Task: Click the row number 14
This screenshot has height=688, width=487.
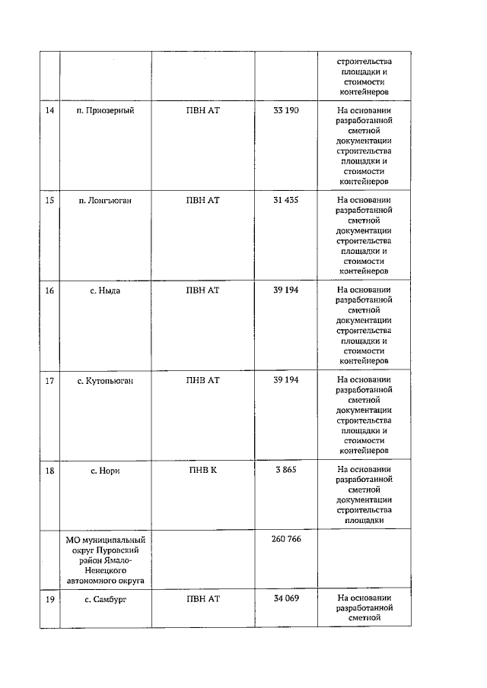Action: pyautogui.click(x=49, y=111)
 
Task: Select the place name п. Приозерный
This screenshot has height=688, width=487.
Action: pyautogui.click(x=105, y=111)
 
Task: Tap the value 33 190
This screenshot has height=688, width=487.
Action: pyautogui.click(x=286, y=111)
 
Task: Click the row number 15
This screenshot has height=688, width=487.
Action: pyautogui.click(x=49, y=201)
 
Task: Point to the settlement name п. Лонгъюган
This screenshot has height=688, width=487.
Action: pyautogui.click(x=105, y=201)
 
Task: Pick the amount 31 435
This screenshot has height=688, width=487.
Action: pyautogui.click(x=286, y=201)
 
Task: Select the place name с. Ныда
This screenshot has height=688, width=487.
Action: pyautogui.click(x=105, y=290)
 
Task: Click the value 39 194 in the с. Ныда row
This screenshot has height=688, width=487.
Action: pyautogui.click(x=286, y=290)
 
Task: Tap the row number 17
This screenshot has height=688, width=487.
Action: pyautogui.click(x=49, y=380)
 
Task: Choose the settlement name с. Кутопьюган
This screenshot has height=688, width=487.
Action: pyautogui.click(x=105, y=380)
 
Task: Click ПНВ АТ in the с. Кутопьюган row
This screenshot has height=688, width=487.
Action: pyautogui.click(x=203, y=380)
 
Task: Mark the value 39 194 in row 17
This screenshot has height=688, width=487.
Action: pyautogui.click(x=286, y=380)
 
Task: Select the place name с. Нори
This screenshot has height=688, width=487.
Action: pyautogui.click(x=105, y=471)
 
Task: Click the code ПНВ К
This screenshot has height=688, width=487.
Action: pyautogui.click(x=203, y=471)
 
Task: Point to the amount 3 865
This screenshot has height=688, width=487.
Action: pyautogui.click(x=286, y=471)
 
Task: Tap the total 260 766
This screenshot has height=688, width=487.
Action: pyautogui.click(x=286, y=539)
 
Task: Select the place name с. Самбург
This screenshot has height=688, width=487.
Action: pyautogui.click(x=105, y=600)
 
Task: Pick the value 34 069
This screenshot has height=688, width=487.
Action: pyautogui.click(x=286, y=600)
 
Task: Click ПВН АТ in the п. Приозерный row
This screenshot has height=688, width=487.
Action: pyautogui.click(x=203, y=111)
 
